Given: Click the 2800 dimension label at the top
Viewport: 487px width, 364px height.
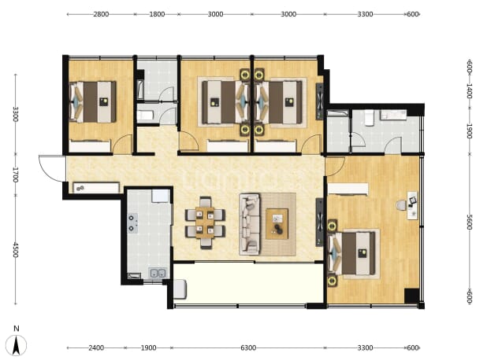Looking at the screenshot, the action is [x=101, y=14].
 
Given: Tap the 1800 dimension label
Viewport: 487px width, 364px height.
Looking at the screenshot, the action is [x=157, y=14].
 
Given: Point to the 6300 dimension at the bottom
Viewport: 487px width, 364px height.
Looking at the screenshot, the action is [x=248, y=348].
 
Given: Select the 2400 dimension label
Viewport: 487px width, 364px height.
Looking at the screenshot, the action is [x=96, y=348].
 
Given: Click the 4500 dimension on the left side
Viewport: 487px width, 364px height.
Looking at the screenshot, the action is [x=16, y=250].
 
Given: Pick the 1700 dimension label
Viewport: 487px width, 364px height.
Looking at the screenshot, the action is [x=16, y=175].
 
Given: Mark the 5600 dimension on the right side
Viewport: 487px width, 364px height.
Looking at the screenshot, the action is [x=470, y=222].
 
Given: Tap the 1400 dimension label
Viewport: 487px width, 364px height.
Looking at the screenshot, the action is [x=470, y=90].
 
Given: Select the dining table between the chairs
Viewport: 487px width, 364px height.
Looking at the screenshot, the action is [x=205, y=222].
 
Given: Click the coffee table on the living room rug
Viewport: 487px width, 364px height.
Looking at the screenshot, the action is [x=277, y=224].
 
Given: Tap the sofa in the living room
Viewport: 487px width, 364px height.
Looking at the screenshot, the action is [x=249, y=224].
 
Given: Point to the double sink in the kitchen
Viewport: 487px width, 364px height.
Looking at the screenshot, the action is [x=158, y=274].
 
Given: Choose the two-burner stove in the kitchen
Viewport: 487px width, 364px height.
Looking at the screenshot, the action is [x=132, y=223].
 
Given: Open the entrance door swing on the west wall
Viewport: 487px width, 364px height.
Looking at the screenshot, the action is [x=52, y=168].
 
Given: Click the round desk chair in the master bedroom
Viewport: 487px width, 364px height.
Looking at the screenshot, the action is [x=400, y=205].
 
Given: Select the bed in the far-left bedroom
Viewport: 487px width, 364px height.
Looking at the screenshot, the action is [x=93, y=102].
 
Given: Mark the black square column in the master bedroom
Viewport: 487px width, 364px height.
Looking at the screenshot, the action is [x=411, y=296].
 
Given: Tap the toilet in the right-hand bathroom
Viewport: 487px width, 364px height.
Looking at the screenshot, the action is [x=370, y=119].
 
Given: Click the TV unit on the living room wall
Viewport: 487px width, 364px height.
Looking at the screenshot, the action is [x=320, y=222].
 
